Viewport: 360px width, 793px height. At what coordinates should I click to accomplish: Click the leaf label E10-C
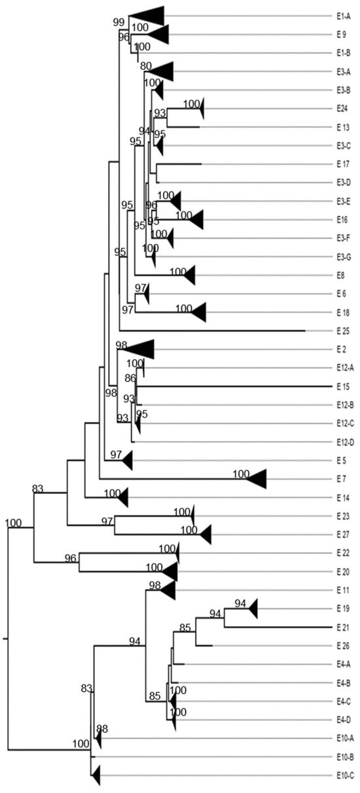(x=345, y=775)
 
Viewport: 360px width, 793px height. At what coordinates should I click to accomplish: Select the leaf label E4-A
(x=344, y=664)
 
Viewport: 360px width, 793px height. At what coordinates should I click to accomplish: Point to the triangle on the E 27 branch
(x=206, y=535)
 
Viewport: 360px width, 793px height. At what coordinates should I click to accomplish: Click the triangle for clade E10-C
(x=96, y=775)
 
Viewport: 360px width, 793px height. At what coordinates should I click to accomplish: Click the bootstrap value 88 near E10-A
(x=101, y=728)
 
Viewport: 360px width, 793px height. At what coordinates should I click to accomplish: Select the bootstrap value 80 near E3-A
(x=145, y=65)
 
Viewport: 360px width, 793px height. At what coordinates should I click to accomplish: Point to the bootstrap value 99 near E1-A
(x=118, y=22)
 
